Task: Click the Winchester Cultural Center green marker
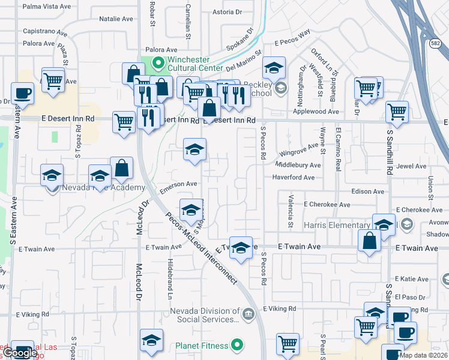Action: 158,61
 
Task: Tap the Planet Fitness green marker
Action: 238,345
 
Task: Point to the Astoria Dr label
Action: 227,11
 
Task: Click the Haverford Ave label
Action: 293,178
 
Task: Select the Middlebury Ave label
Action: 298,165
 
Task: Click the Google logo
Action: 19,353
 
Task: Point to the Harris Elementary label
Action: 336,225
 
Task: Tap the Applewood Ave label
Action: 318,112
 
